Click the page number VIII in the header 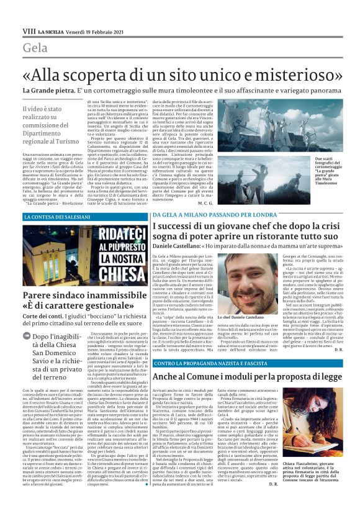29,30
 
